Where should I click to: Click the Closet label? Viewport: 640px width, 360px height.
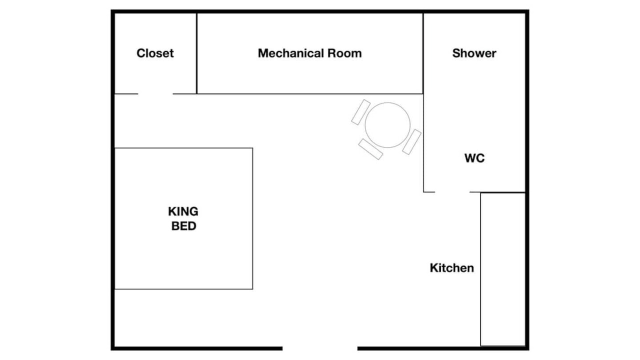pos(155,53)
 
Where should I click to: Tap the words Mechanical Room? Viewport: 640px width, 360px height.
pos(309,53)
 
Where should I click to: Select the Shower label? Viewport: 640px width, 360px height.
pos(474,53)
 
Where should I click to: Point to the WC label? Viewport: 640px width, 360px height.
pos(474,158)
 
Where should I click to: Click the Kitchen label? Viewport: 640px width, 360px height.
pos(451,268)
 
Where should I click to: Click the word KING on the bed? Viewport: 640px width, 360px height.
pos(183,211)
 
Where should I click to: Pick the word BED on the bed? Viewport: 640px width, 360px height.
pos(183,226)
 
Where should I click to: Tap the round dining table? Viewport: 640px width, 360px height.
pos(387,125)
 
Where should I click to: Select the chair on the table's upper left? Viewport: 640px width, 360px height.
pos(360,112)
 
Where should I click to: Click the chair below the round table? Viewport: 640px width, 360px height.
pos(370,149)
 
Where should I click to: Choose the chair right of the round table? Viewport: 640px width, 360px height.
pos(411,141)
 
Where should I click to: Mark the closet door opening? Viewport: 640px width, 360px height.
pos(155,93)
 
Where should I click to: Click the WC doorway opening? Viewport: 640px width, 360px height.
pos(452,191)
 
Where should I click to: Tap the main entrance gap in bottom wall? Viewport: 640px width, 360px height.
pos(320,348)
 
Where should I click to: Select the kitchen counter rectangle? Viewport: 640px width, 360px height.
pos(503,269)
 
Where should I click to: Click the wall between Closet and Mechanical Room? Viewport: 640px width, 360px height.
pos(196,53)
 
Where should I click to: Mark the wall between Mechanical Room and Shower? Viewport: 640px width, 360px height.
pos(423,53)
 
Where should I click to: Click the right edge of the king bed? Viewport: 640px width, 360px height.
pos(252,218)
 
